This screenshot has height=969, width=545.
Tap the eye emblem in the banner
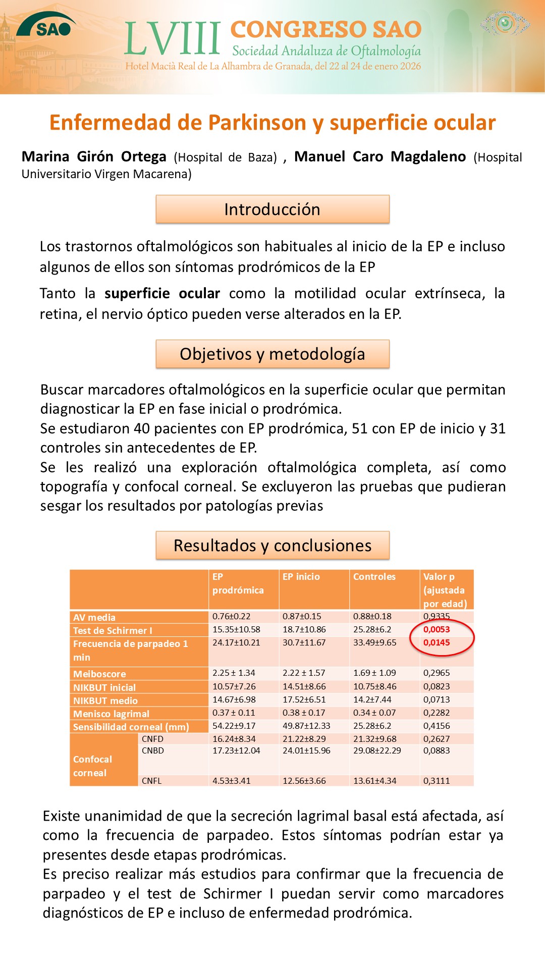(x=505, y=23)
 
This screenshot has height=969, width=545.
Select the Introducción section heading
(x=272, y=209)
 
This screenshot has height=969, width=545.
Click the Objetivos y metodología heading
(x=272, y=354)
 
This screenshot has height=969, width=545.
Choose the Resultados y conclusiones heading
(x=272, y=545)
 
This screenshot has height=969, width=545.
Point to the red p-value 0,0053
(x=437, y=629)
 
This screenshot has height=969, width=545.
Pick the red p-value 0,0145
(x=437, y=642)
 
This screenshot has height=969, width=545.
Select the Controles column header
(x=374, y=577)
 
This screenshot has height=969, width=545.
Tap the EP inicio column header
(x=301, y=577)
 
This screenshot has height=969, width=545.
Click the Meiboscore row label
(x=99, y=674)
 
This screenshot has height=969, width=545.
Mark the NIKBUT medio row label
(x=105, y=701)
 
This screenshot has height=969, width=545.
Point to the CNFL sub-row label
(x=152, y=781)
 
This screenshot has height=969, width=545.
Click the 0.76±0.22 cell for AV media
(x=232, y=616)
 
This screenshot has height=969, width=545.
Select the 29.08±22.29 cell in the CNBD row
(x=377, y=750)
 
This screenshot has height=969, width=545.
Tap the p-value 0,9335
(x=437, y=616)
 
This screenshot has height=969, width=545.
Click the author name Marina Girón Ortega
(x=94, y=157)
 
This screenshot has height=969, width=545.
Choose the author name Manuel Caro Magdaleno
(x=380, y=157)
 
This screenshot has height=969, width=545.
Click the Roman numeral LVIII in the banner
(x=173, y=39)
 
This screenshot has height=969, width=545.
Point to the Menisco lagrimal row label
(x=111, y=714)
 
